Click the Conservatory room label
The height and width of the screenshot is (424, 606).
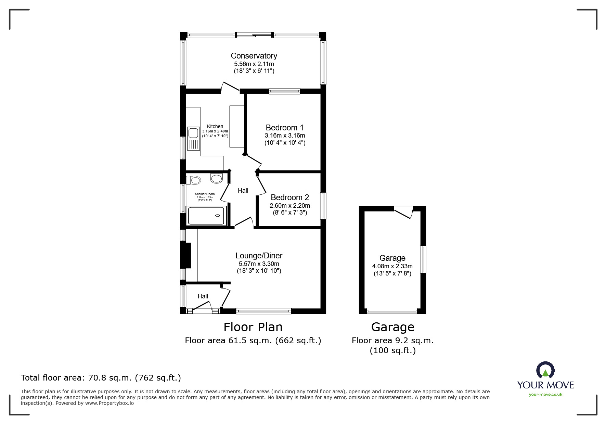click(x=254, y=56)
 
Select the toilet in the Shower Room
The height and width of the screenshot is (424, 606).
click(x=194, y=180)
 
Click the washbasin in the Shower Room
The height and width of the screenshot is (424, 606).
click(x=217, y=178)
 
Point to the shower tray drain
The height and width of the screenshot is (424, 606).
click(x=218, y=216)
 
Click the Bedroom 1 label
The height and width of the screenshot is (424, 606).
click(x=284, y=128)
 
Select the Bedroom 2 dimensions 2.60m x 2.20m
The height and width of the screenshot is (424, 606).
click(x=289, y=206)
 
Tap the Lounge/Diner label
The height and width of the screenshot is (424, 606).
click(x=259, y=256)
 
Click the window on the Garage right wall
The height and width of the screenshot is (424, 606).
click(x=423, y=259)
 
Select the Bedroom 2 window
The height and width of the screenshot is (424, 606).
click(x=323, y=206)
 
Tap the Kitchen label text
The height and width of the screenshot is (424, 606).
click(x=215, y=126)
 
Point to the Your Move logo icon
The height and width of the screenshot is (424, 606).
click(x=545, y=370)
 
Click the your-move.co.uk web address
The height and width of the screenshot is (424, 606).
click(x=545, y=395)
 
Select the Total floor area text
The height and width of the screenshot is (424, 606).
click(x=101, y=378)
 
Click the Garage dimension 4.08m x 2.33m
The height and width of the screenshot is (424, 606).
click(x=392, y=266)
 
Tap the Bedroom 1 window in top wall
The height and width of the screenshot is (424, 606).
click(x=284, y=91)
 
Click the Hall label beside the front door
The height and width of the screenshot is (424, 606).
click(x=203, y=296)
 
